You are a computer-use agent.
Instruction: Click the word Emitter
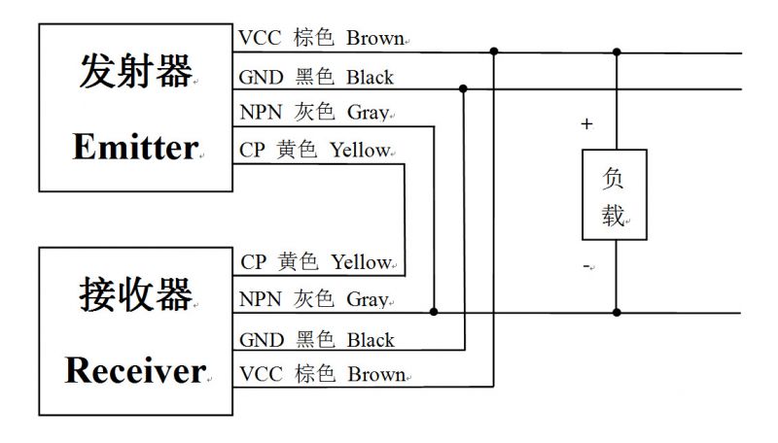point(134,148)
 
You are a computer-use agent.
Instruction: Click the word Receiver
point(135,369)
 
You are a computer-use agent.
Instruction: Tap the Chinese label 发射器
point(134,73)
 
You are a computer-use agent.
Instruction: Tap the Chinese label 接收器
point(134,293)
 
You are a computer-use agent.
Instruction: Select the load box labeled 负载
point(614,195)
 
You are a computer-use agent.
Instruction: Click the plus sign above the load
point(586,124)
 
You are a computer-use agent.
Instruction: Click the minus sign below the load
point(586,265)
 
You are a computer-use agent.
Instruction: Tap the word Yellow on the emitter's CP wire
point(360,151)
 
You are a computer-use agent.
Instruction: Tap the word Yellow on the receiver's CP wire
point(361,262)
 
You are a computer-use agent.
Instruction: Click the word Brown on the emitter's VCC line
point(374,39)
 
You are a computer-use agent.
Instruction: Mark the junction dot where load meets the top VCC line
point(616,51)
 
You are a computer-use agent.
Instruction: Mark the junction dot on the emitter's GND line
point(463,88)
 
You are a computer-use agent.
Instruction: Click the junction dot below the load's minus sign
point(616,313)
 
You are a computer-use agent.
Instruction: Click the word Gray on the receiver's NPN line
point(367,300)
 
